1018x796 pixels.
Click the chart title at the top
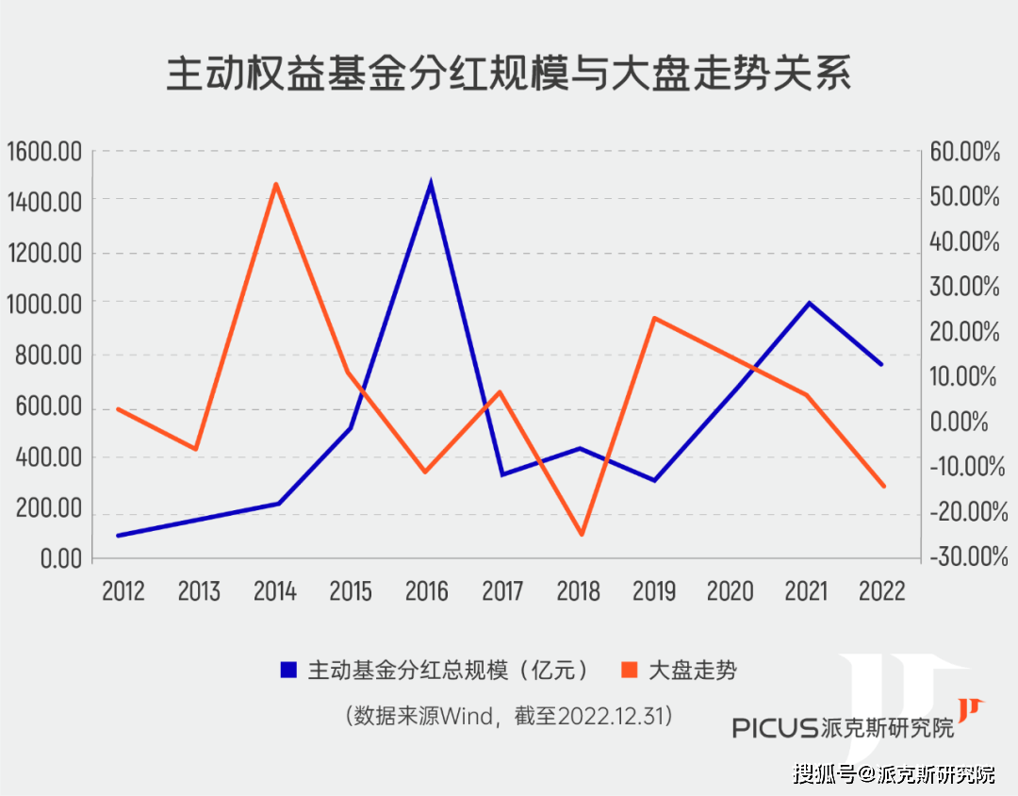coord(509,74)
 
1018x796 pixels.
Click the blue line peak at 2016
coord(431,183)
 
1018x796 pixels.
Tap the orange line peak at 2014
coord(276,184)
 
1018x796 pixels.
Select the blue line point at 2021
coord(809,303)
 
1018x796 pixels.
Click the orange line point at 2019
coord(655,318)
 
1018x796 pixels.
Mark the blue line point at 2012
coord(118,536)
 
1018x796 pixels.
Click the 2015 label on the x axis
coord(351,591)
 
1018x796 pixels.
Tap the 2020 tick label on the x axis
coord(731,591)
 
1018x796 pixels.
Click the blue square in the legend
coord(288,671)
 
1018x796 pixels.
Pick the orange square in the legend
coord(630,671)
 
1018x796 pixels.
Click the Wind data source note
coord(509,716)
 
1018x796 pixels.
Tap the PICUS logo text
coord(776,727)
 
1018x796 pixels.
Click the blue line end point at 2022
coord(881,364)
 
